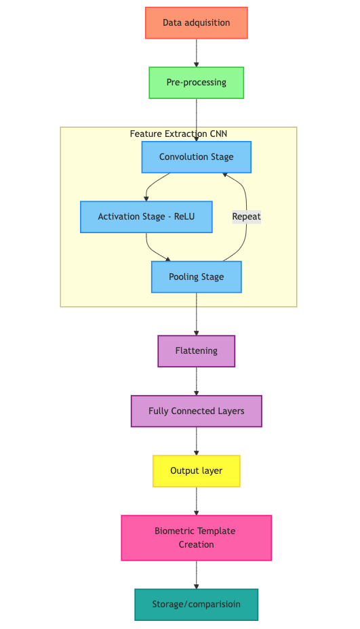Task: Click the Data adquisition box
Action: (196, 23)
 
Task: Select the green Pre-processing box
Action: (196, 83)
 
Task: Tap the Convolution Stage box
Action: (196, 157)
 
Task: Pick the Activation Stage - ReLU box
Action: (146, 217)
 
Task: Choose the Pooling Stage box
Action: (196, 277)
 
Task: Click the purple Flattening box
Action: (196, 351)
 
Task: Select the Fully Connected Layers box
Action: (196, 411)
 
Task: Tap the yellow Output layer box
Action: (196, 471)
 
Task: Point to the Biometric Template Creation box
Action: (196, 538)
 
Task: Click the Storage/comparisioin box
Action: (196, 605)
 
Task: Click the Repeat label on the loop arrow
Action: (246, 217)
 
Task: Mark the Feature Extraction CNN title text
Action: (178, 134)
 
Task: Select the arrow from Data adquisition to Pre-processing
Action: (196, 53)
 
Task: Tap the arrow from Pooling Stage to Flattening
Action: (196, 314)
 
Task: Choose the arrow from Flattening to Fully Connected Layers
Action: (196, 381)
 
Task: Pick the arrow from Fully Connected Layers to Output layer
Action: (196, 441)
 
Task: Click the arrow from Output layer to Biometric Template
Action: (196, 501)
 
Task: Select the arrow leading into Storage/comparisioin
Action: (196, 575)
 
